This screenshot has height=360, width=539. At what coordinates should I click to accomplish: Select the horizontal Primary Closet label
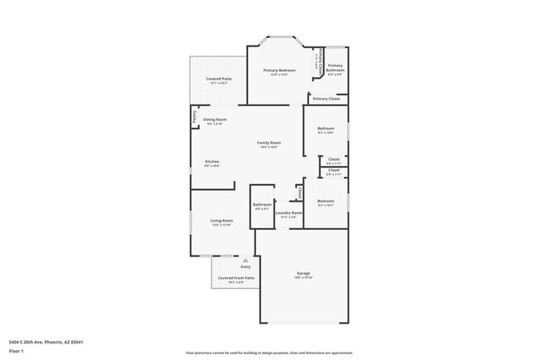pos(326,99)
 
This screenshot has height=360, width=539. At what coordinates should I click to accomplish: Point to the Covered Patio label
pos(219,79)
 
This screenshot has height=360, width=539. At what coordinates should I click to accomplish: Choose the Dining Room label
pos(215,119)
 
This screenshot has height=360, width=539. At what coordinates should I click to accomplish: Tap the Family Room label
pos(269,143)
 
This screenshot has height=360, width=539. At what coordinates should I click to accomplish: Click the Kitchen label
pos(212,162)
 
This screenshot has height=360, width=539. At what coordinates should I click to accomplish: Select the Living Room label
pos(221,221)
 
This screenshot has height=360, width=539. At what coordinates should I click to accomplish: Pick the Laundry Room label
pos(289,212)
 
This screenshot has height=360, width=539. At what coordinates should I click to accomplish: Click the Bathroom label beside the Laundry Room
pos(262,204)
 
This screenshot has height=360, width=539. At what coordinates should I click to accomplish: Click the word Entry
pos(245,267)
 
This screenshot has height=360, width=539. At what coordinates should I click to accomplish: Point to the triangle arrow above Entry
pos(245,260)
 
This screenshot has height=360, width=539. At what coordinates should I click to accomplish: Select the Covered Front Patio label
pos(236,278)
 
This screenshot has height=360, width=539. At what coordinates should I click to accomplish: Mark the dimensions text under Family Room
pos(269,148)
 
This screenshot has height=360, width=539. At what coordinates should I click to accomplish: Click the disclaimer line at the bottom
pos(269,353)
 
